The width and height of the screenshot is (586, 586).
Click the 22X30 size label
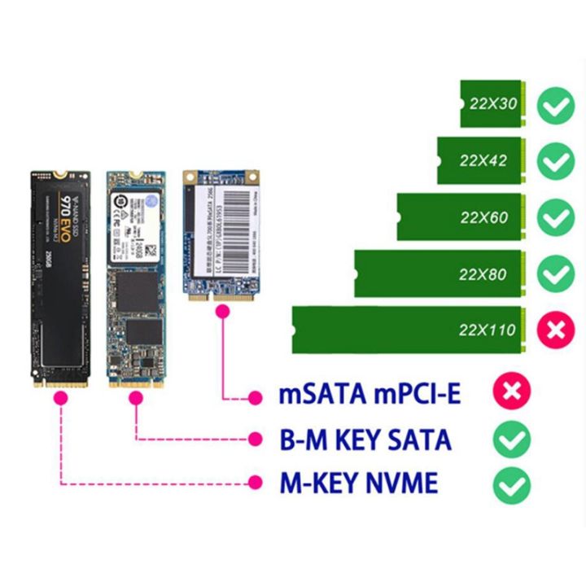click(493, 104)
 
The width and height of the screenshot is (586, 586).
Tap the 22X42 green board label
click(483, 160)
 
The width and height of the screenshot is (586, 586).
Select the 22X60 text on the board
click(483, 217)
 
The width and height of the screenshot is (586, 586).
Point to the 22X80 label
click(483, 274)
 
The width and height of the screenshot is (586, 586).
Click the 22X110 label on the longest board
click(488, 330)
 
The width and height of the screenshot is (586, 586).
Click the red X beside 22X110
click(556, 330)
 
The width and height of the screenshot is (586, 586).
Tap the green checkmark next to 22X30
click(557, 105)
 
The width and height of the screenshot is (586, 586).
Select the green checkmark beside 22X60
click(557, 217)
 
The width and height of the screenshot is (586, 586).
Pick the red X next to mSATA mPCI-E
click(512, 393)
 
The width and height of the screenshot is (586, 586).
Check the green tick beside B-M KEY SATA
click(512, 440)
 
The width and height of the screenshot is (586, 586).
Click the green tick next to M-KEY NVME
click(512, 485)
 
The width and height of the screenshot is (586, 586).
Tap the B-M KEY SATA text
click(365, 440)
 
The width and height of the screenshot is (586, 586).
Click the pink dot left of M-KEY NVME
click(256, 483)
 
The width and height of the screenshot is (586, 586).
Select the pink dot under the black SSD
click(59, 399)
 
